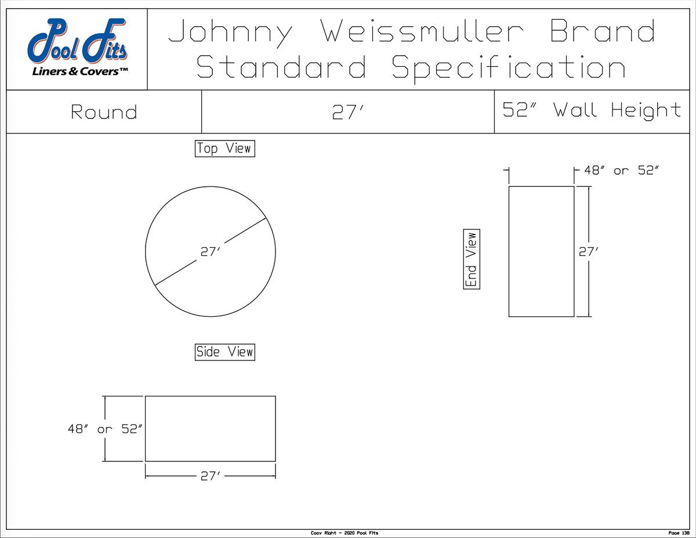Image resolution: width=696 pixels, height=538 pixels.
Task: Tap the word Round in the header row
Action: coord(104,112)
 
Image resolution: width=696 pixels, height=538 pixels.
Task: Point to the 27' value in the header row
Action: coord(347,112)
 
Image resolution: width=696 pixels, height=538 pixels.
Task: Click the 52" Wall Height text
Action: coord(591,110)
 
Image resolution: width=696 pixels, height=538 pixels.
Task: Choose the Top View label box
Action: coord(224,149)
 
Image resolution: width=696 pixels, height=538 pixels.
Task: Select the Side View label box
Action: coord(224,352)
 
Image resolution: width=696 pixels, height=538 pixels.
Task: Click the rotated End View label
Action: coord(472,259)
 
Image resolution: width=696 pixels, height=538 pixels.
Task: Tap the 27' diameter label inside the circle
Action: coord(210,252)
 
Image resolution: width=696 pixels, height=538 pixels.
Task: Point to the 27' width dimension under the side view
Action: coord(211,476)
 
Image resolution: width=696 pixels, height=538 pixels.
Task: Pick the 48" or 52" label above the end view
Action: coord(621,171)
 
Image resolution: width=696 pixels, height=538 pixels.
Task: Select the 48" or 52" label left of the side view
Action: coord(104,429)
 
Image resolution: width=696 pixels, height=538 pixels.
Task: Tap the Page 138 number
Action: coord(678,533)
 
